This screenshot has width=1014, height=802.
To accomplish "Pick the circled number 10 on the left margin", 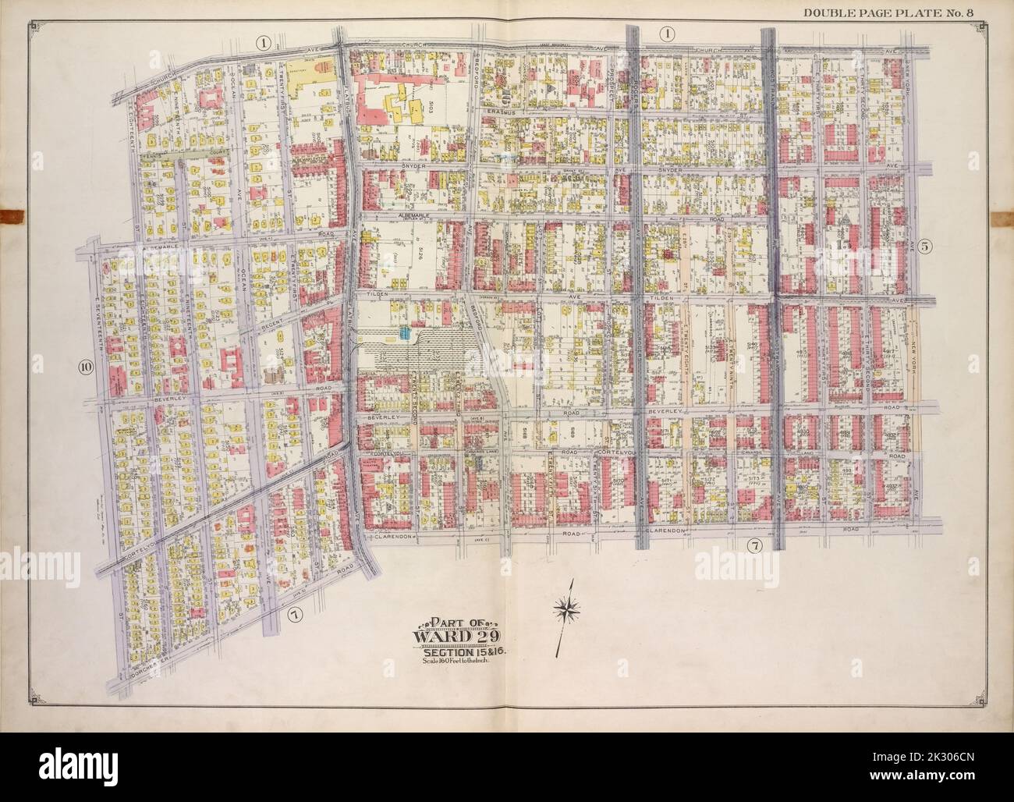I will [85, 369].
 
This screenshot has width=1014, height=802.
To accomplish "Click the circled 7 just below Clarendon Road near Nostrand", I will [753, 545].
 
